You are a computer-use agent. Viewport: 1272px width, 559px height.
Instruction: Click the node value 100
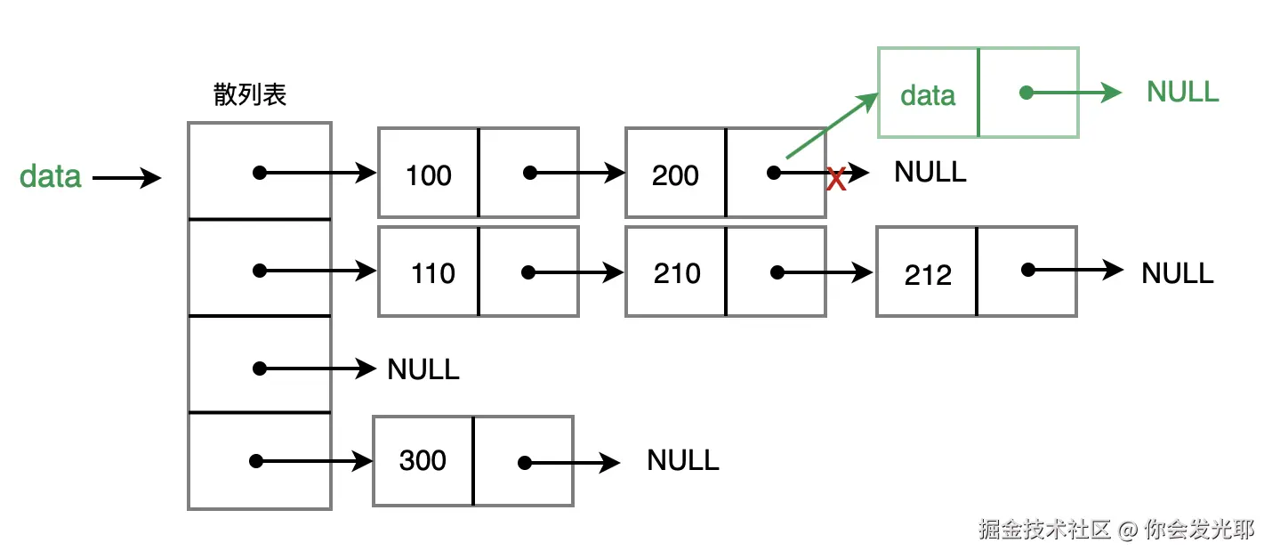429,175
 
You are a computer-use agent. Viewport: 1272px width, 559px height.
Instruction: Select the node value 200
675,175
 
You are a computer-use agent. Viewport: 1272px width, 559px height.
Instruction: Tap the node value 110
433,272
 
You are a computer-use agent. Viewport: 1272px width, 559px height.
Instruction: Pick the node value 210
677,272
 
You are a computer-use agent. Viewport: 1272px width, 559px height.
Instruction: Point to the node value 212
928,275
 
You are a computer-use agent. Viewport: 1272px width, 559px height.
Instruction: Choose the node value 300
423,460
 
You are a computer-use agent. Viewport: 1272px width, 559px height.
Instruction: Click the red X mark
836,181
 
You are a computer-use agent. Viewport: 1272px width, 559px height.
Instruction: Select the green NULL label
1182,92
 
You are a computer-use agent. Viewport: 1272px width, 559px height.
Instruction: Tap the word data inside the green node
928,95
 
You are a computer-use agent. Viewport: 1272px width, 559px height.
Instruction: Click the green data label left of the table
51,176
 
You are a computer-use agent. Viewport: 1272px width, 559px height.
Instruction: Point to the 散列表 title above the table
250,94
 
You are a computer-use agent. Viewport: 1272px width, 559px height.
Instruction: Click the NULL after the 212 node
1177,272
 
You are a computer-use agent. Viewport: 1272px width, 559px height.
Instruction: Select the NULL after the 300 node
682,460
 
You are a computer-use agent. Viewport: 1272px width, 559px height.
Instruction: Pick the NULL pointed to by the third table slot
423,369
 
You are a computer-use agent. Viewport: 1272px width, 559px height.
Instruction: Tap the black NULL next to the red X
930,172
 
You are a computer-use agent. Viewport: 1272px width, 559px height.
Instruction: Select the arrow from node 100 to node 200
578,174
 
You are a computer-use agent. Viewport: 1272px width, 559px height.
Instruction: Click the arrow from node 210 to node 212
825,272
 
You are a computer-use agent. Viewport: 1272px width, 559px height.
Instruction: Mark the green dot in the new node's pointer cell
1026,92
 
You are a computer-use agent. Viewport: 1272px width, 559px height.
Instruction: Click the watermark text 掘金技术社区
1044,530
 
